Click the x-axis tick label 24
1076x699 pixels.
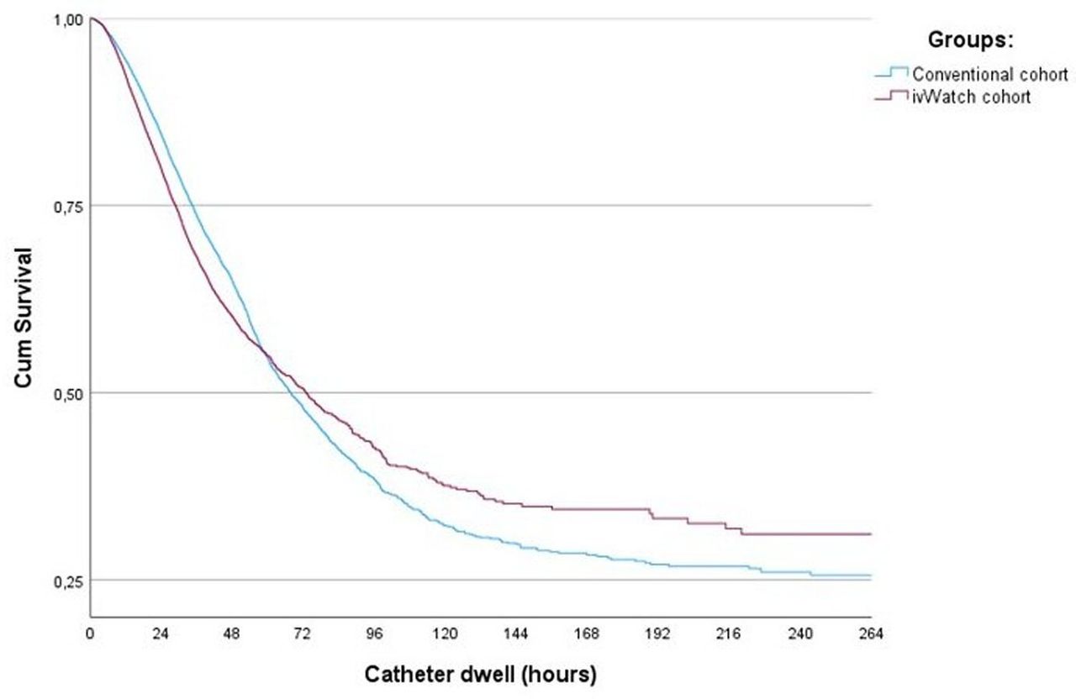click(x=161, y=634)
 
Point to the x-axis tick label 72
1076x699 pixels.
click(x=302, y=634)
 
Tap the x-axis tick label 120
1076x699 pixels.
click(x=445, y=634)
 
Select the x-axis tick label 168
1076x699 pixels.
click(x=587, y=634)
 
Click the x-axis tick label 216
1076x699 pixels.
click(x=729, y=634)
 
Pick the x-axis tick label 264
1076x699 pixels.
click(x=871, y=634)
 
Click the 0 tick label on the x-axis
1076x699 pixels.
click(x=90, y=634)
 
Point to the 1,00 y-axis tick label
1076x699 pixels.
click(x=69, y=20)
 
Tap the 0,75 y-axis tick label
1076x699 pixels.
click(x=69, y=208)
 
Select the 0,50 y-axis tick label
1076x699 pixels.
click(x=69, y=395)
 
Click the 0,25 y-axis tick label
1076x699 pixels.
click(x=69, y=582)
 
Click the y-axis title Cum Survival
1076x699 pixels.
click(x=23, y=318)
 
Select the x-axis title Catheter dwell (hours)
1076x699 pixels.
click(x=480, y=675)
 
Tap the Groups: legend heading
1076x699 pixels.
click(x=970, y=39)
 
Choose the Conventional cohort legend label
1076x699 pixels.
click(x=990, y=75)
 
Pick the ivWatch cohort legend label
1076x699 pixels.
click(x=971, y=97)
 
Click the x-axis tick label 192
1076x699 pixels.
click(x=657, y=634)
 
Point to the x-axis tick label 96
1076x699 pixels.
click(x=374, y=634)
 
